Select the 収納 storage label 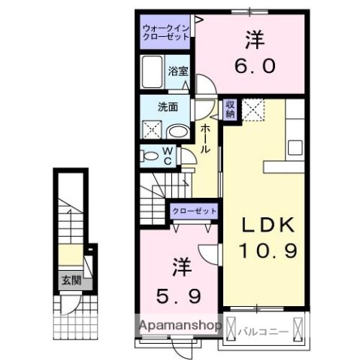click(x=230, y=109)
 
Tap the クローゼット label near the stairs click(x=194, y=211)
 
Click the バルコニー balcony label click(x=262, y=329)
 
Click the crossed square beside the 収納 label click(x=254, y=110)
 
